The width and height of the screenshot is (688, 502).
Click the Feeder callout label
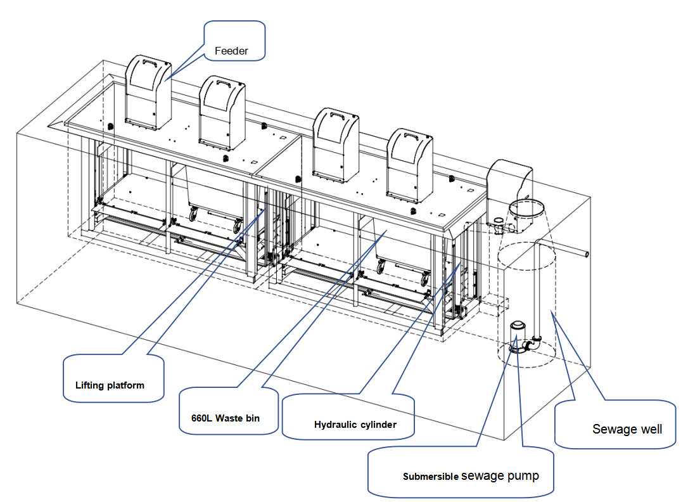click(232, 51)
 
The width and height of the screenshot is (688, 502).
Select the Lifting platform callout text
click(110, 385)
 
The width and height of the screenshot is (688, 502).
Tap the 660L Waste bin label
click(225, 418)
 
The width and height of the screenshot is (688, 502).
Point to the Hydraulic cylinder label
click(355, 425)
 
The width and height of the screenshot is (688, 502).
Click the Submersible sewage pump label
click(471, 476)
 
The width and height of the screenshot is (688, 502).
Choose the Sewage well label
click(627, 429)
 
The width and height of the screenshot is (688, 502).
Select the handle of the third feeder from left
click(336, 116)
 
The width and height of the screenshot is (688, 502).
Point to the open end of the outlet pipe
click(586, 255)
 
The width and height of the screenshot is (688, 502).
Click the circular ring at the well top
click(527, 206)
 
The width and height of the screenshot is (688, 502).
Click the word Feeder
click(232, 51)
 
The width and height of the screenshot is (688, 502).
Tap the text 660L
click(202, 418)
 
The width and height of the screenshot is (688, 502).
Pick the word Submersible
click(430, 477)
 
